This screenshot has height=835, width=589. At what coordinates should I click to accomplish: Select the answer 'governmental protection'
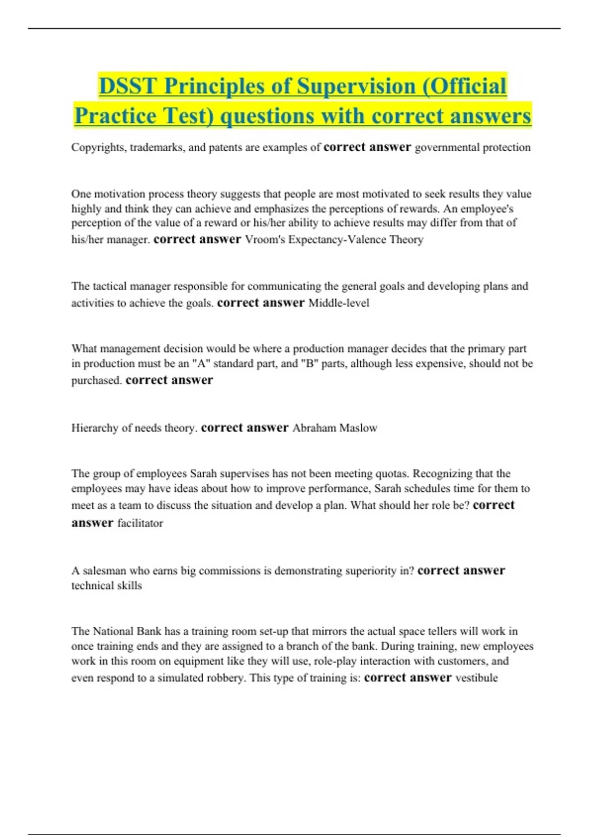pyautogui.click(x=473, y=147)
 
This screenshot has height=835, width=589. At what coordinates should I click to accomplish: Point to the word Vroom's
pyautogui.click(x=266, y=240)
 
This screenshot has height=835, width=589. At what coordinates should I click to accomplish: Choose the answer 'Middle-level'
pyautogui.click(x=339, y=303)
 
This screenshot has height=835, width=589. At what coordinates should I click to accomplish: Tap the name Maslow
pyautogui.click(x=358, y=428)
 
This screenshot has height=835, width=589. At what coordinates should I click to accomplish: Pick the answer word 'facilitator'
pyautogui.click(x=140, y=523)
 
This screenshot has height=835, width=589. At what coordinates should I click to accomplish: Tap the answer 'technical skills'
pyautogui.click(x=107, y=585)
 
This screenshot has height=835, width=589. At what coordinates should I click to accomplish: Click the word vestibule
pyautogui.click(x=477, y=678)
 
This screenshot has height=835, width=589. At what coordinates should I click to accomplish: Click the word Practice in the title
pyautogui.click(x=115, y=116)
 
